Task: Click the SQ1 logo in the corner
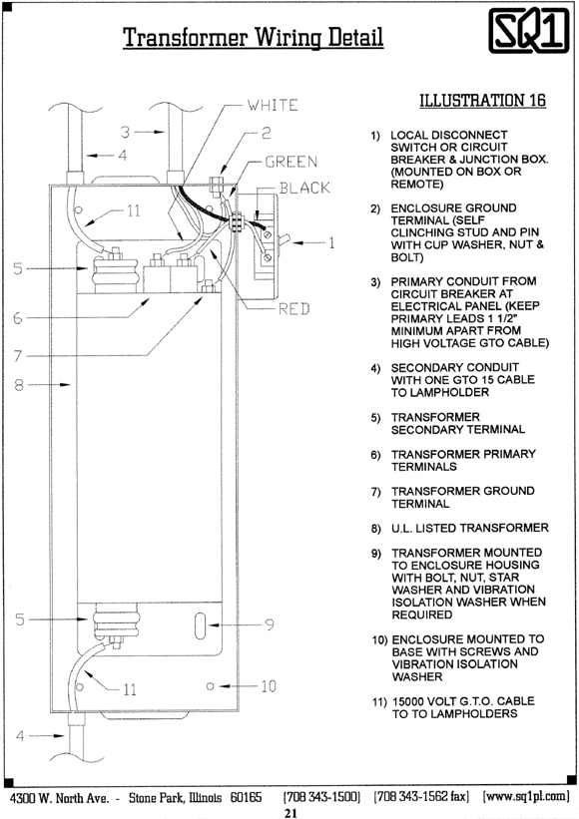(x=529, y=31)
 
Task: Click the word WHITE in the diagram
(x=273, y=105)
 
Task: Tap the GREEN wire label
(x=290, y=162)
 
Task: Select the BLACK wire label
(x=304, y=188)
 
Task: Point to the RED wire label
(x=293, y=308)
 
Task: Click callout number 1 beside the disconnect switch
(x=330, y=242)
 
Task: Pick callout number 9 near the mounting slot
(x=270, y=624)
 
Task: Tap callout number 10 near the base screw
(x=269, y=685)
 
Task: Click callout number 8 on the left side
(x=19, y=385)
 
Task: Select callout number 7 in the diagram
(x=18, y=356)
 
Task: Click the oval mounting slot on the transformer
(x=200, y=625)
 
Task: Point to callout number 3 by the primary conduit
(x=125, y=132)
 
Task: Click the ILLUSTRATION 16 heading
(x=482, y=100)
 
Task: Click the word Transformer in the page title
(x=185, y=37)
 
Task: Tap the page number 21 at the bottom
(x=290, y=813)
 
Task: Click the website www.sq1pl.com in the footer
(x=526, y=796)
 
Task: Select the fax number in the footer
(x=421, y=796)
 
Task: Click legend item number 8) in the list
(x=375, y=529)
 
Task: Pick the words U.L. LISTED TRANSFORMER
(x=470, y=528)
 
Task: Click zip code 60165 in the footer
(x=246, y=797)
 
